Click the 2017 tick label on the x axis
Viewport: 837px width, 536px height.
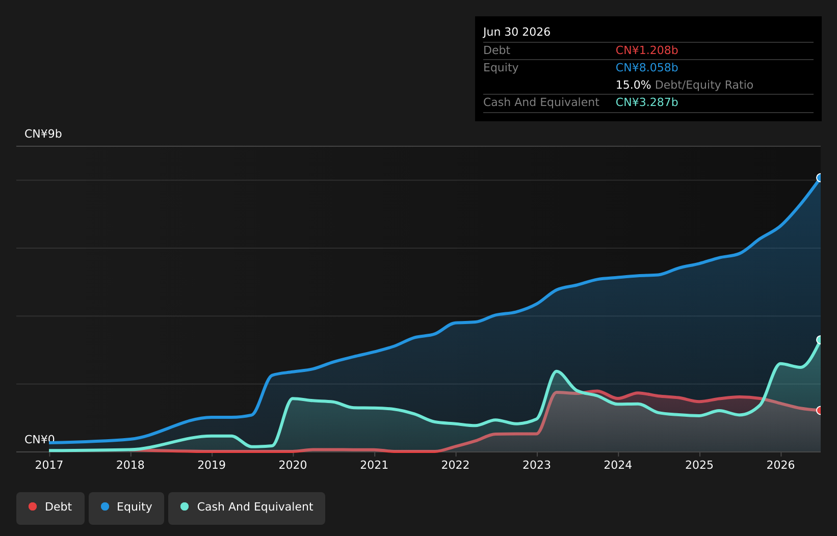click(x=49, y=465)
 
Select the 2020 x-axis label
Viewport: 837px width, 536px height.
click(x=293, y=465)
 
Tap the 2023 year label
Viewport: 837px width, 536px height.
click(x=537, y=465)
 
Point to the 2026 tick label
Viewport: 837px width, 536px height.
click(x=780, y=465)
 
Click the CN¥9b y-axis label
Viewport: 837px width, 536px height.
click(x=43, y=133)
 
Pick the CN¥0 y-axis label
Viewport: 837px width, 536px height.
click(x=40, y=439)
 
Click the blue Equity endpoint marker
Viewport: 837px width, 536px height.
click(x=820, y=178)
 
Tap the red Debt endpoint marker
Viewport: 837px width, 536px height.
click(x=820, y=411)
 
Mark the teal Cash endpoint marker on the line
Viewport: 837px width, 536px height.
click(x=820, y=339)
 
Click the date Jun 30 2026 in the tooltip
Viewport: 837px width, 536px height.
click(x=517, y=32)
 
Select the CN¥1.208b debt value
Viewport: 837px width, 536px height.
click(x=647, y=50)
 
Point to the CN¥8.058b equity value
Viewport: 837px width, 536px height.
click(x=647, y=68)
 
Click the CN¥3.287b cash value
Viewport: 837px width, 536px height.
click(x=647, y=102)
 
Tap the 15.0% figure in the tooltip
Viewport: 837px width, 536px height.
click(x=633, y=85)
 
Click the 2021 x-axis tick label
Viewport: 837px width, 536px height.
click(x=374, y=465)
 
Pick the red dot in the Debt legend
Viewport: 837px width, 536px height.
click(x=33, y=506)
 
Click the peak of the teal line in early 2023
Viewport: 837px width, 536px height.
click(x=556, y=371)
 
